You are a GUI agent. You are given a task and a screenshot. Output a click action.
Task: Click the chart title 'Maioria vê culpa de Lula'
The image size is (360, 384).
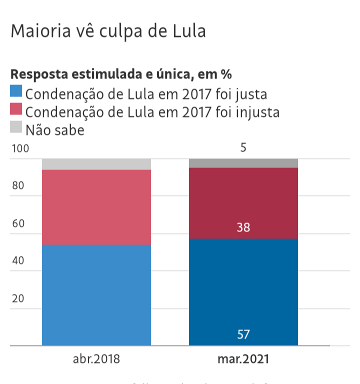108,31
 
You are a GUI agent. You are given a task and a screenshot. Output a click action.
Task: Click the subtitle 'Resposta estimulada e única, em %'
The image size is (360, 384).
121,74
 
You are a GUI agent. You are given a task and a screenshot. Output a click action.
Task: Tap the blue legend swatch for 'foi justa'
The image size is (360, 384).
16,91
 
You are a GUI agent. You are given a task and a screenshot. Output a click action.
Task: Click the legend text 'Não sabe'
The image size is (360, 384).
55,130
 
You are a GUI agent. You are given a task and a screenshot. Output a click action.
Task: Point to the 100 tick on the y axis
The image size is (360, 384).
20,148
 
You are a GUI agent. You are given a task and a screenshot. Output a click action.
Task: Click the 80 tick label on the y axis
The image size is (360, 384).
18,186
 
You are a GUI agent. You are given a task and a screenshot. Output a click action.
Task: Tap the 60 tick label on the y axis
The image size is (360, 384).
18,223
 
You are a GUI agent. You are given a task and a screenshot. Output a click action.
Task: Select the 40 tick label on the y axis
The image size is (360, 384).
18,261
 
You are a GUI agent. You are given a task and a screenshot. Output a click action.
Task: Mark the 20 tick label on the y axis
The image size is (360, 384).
18,298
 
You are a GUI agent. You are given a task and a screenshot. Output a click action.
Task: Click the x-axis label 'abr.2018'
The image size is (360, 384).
96,359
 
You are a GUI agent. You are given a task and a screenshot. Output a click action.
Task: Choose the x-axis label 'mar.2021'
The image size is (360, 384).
243,359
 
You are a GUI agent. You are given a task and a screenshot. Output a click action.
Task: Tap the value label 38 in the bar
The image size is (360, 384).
243,227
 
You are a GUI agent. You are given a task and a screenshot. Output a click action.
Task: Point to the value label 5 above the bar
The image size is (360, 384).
243,148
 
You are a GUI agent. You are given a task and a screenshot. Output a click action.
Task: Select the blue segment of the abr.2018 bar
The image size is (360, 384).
96,295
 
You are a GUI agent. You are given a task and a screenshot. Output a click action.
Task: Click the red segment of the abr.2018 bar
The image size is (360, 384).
96,207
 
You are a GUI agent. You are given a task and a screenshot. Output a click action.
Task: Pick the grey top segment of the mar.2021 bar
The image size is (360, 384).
243,163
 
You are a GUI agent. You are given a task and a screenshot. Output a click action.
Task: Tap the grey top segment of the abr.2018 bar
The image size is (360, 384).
96,164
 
